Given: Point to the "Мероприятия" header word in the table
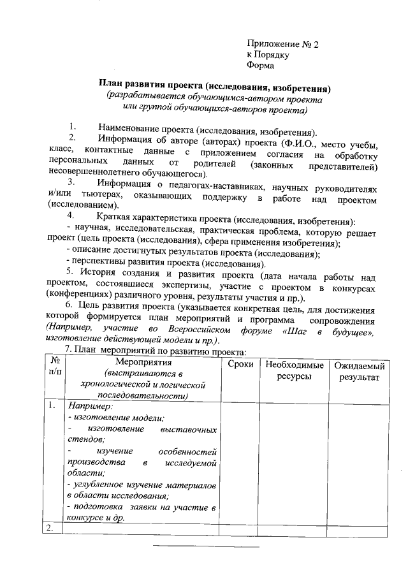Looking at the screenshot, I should (141, 363).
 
